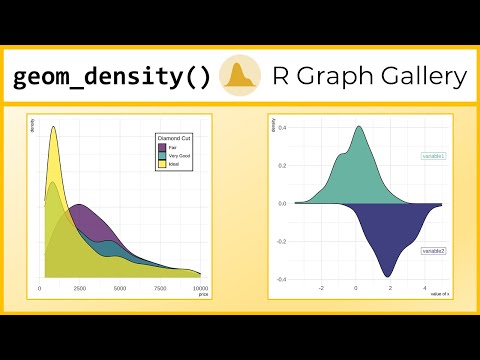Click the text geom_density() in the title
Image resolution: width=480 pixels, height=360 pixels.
[112, 77]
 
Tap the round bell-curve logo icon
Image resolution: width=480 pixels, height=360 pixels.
[240, 76]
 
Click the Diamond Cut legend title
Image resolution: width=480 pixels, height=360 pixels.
[174, 137]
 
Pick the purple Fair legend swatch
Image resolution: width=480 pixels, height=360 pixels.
[162, 147]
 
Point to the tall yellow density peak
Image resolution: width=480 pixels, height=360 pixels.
[52, 127]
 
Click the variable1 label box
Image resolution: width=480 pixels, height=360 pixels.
[433, 157]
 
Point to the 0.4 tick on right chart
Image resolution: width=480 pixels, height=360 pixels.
[283, 127]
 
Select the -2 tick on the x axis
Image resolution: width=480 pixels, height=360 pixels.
[321, 288]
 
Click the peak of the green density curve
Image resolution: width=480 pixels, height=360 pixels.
[359, 127]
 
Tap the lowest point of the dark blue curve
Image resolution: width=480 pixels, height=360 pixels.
[389, 276]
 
